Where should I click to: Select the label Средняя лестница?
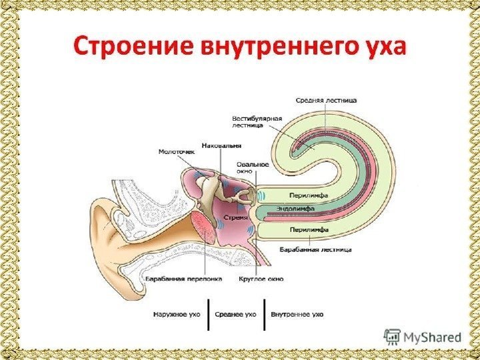tap(326, 100)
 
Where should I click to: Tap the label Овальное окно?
tap(253, 167)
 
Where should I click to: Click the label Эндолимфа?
tap(295, 209)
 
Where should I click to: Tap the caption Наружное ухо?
tap(177, 313)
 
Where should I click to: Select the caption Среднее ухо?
tap(237, 313)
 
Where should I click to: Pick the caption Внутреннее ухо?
tap(297, 313)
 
